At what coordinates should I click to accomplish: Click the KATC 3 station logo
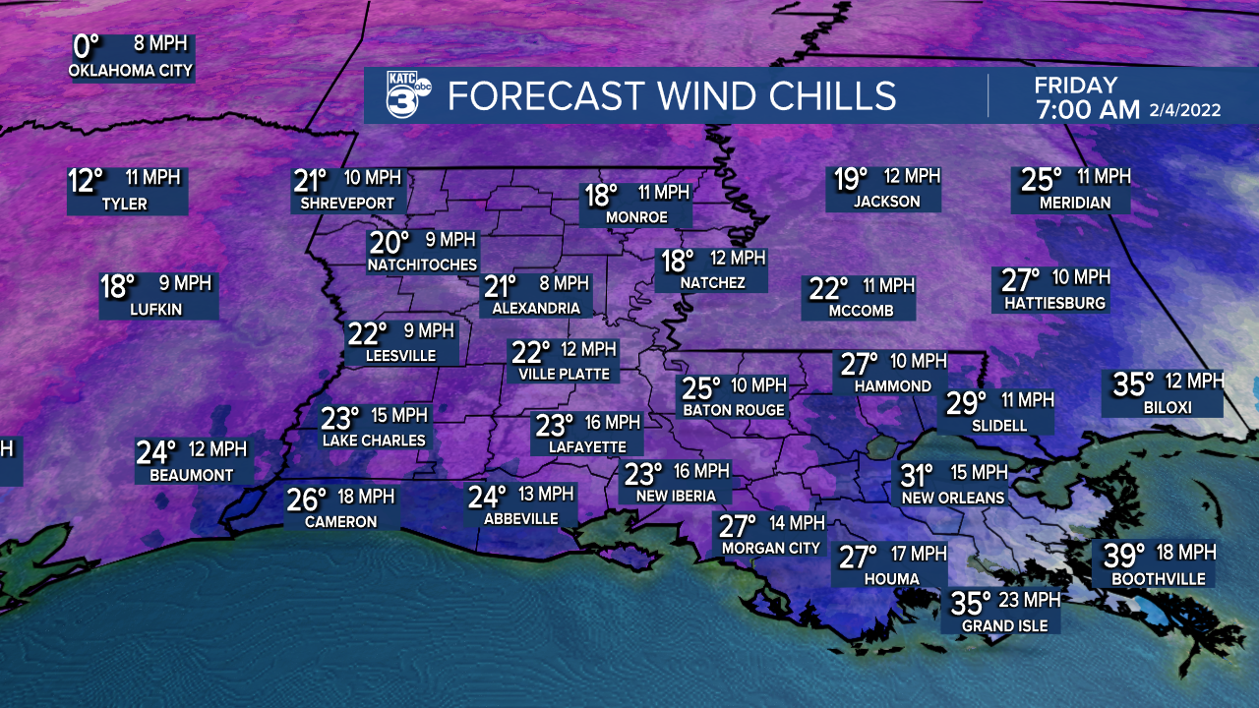tap(405, 95)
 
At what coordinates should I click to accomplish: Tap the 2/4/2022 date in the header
tap(1184, 110)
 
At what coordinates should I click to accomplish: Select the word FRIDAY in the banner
tap(1075, 86)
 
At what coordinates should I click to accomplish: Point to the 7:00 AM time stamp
tap(1087, 109)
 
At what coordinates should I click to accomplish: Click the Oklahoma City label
tap(131, 71)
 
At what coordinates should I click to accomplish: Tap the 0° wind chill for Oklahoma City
tap(87, 46)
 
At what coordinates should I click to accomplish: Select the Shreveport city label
tap(343, 204)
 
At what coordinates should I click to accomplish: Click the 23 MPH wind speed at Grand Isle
tap(1028, 600)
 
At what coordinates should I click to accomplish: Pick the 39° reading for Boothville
tap(1123, 556)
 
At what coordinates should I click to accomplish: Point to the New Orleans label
tap(953, 498)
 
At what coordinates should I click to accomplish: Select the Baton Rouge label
tap(734, 409)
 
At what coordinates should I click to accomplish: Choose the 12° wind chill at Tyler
tap(86, 181)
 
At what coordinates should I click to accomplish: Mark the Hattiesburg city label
tap(1054, 303)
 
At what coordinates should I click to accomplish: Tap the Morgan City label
tap(770, 548)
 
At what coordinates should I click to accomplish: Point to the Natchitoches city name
tap(422, 265)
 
